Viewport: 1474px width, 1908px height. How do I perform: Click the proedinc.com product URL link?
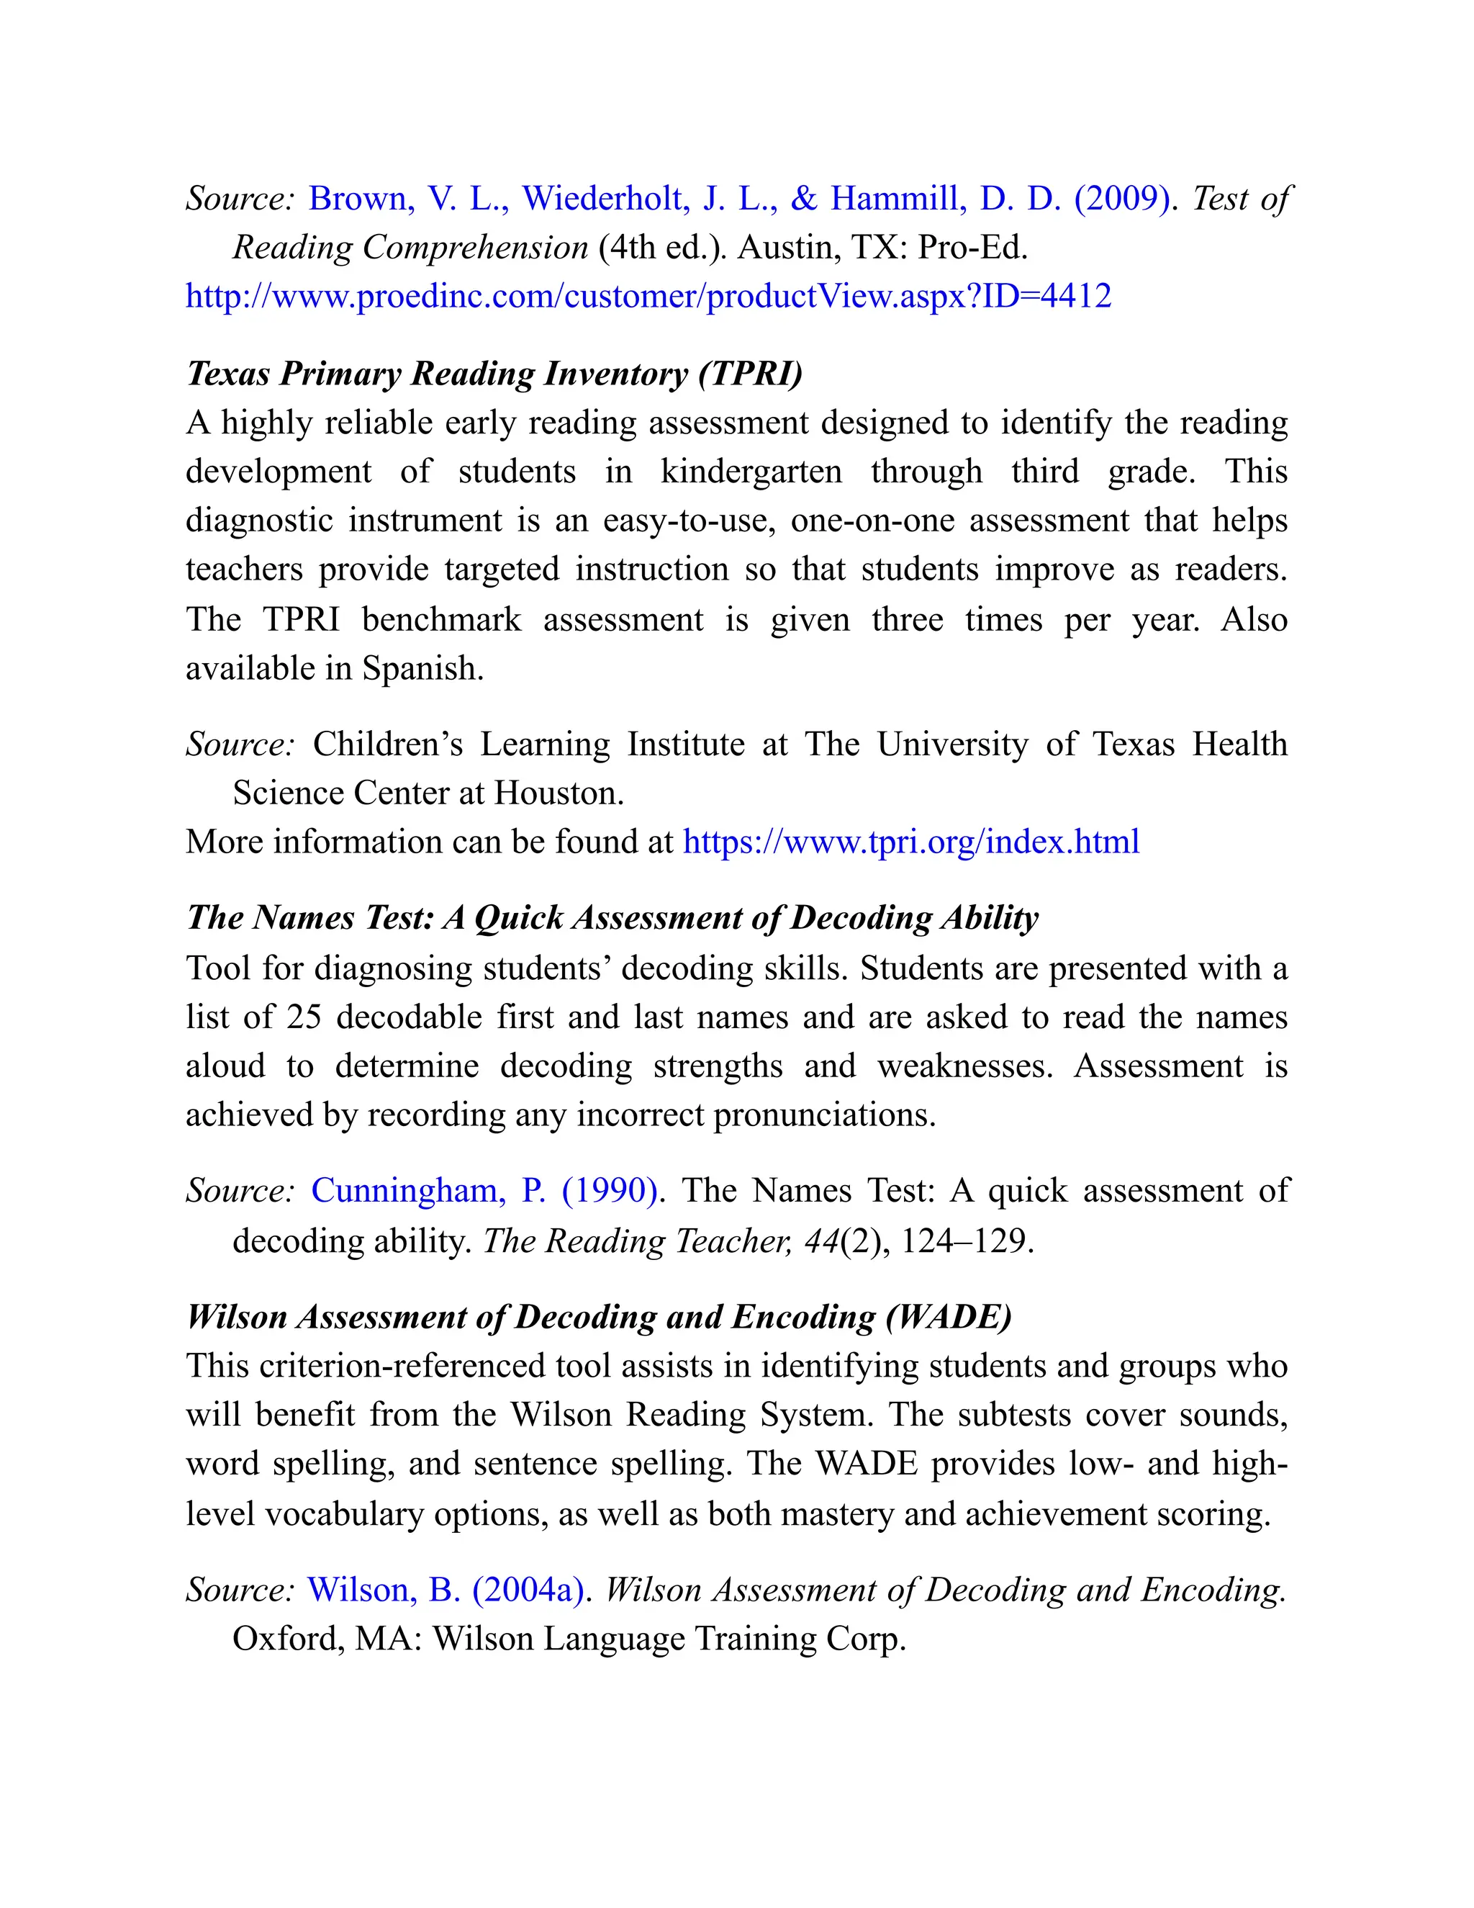point(648,297)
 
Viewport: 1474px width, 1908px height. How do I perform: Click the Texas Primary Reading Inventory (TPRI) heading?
point(494,374)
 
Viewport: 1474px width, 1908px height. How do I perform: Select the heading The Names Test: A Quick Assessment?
point(612,918)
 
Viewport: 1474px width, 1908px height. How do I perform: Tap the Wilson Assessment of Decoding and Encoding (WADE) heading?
point(599,1317)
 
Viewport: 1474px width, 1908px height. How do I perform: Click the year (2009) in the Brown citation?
point(1121,199)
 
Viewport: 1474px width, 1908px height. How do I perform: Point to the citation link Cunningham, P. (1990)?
point(484,1191)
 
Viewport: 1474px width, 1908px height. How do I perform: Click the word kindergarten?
point(751,472)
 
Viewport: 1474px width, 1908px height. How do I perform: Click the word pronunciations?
point(823,1115)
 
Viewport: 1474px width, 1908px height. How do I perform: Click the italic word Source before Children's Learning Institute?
point(239,744)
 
